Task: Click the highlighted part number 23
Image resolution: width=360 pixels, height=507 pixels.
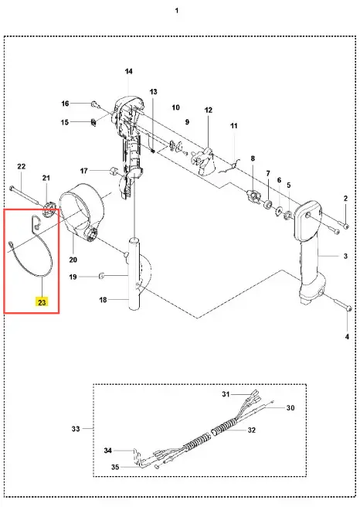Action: [x=42, y=302]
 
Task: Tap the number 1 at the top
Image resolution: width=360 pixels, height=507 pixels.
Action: [x=177, y=11]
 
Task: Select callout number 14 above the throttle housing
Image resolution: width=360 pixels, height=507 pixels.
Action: [x=128, y=71]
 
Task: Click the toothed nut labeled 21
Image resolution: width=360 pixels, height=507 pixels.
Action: [x=49, y=209]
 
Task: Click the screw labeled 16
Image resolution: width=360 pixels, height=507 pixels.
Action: [x=95, y=104]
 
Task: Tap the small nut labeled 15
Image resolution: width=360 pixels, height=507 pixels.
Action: [x=93, y=123]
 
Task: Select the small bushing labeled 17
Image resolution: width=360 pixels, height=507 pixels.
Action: [x=113, y=170]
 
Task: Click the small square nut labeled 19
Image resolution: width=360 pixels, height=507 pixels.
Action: [x=101, y=276]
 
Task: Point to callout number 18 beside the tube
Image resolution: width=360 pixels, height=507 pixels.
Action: [x=103, y=300]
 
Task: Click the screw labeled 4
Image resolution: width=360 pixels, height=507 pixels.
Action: [x=341, y=305]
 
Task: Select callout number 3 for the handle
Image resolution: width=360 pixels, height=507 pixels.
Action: [x=345, y=256]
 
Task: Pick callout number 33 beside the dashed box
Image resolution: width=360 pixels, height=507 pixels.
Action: [x=75, y=429]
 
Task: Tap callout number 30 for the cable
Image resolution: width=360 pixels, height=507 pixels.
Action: [x=290, y=408]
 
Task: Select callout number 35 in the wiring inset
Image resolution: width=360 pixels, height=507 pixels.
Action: [x=115, y=467]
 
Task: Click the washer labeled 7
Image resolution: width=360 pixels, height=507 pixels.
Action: [x=267, y=204]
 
